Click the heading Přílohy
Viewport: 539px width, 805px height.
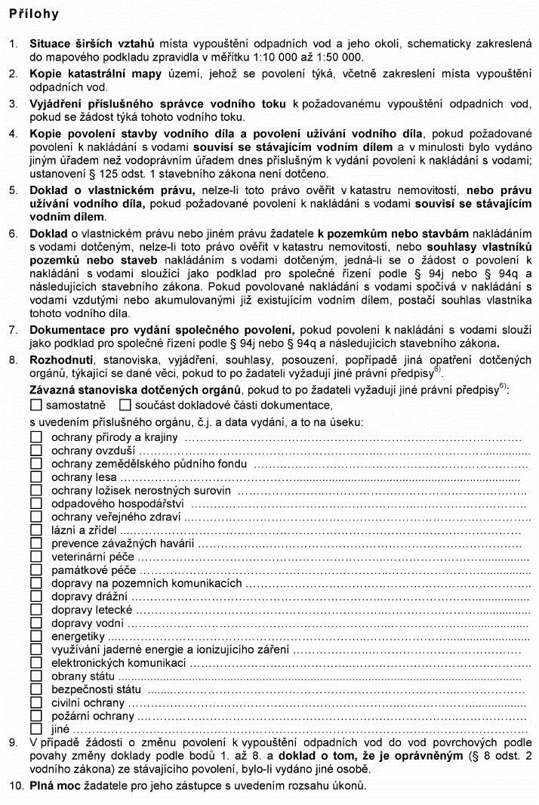coord(34,14)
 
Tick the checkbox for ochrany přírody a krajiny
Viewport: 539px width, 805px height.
coord(35,437)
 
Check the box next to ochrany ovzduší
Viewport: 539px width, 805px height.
coord(35,450)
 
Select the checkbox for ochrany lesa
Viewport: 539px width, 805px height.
coord(35,477)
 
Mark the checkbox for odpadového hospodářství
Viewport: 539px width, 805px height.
coord(35,504)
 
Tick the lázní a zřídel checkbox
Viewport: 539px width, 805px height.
coord(35,531)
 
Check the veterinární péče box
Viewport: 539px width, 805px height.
coord(35,557)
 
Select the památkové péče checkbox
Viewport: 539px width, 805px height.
coord(35,571)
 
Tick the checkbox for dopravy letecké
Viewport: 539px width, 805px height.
coord(35,610)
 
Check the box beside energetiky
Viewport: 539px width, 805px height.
coord(35,637)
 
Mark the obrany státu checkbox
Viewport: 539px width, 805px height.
coord(35,676)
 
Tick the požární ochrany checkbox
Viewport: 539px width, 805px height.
coord(35,716)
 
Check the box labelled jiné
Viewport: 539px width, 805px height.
coord(35,729)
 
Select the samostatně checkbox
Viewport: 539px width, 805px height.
coord(35,406)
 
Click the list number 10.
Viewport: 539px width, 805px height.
coord(15,785)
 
